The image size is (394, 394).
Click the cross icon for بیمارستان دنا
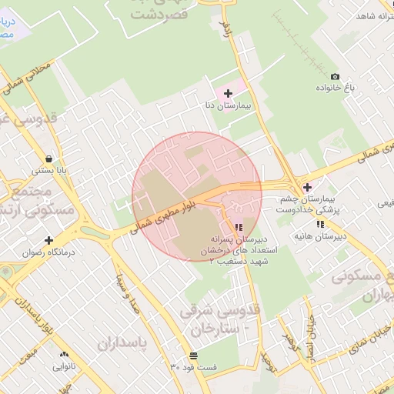pyautogui.click(x=228, y=93)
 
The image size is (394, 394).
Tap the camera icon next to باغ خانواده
pyautogui.click(x=335, y=76)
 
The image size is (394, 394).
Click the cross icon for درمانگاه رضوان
pyautogui.click(x=49, y=240)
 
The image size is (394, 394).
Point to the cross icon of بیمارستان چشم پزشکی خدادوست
pyautogui.click(x=307, y=187)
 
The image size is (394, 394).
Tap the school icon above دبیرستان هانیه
pyautogui.click(x=320, y=224)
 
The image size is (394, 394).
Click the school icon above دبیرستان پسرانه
pyautogui.click(x=239, y=227)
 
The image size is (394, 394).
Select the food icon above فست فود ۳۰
pyautogui.click(x=192, y=356)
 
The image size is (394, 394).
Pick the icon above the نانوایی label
pyautogui.click(x=64, y=355)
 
